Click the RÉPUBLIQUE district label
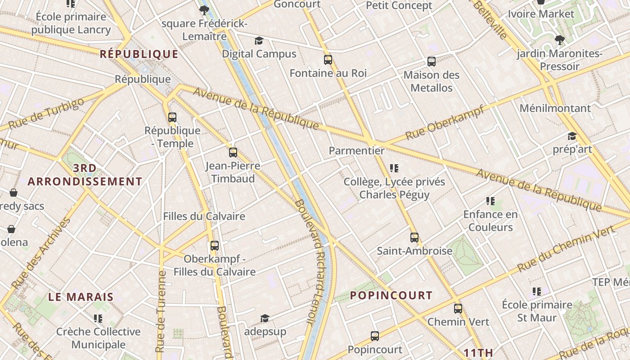coord(139,54)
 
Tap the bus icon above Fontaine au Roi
coord(328,59)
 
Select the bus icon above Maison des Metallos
coord(432,61)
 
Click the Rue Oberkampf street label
coord(444,122)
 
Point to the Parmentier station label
coord(357,151)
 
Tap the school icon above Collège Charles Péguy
coord(394,168)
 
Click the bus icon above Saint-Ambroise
coord(414,237)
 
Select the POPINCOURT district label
coord(391,296)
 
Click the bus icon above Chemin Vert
coord(458,308)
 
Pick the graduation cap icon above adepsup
coord(265,318)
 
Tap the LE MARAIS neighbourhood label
coord(81,297)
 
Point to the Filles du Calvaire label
coord(204,216)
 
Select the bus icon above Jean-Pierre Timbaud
coord(233,152)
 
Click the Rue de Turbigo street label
coord(46,113)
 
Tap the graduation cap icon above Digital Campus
coord(259,41)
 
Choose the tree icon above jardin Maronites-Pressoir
coord(560,40)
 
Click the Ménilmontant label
coord(555,108)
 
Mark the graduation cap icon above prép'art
coord(572,136)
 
